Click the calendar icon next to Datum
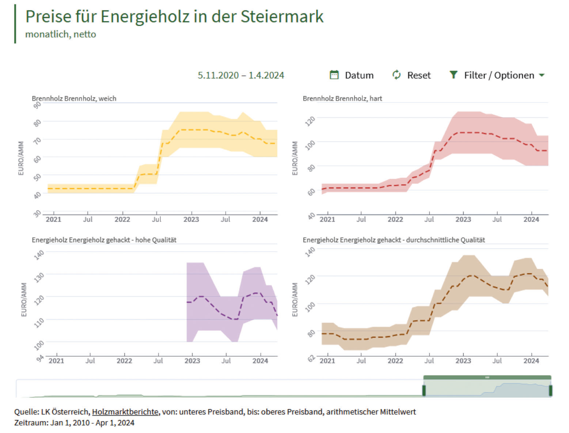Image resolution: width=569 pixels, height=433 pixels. [334, 75]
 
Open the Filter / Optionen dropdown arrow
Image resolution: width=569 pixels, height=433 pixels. [542, 75]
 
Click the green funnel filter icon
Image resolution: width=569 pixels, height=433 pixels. [453, 75]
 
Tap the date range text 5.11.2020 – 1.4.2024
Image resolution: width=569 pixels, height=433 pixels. [241, 75]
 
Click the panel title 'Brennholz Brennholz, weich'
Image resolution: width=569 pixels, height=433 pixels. [74, 98]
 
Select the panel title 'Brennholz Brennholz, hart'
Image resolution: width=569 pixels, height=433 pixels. [342, 98]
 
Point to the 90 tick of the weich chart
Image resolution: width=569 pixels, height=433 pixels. [37, 105]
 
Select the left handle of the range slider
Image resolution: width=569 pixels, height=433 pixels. [424, 391]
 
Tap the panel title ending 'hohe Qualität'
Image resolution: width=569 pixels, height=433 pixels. [104, 240]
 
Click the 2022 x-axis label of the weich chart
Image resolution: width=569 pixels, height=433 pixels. [122, 220]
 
